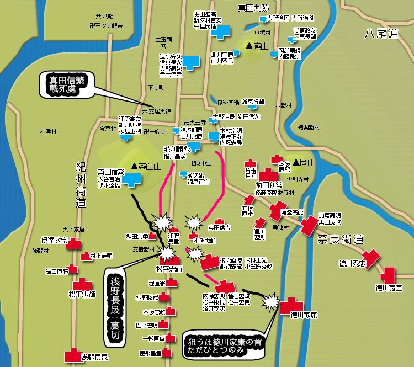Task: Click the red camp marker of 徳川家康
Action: coord(291,305)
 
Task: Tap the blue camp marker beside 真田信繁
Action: coord(131,178)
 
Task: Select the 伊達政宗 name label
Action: coord(54,241)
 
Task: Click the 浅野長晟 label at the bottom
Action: coord(94,357)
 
